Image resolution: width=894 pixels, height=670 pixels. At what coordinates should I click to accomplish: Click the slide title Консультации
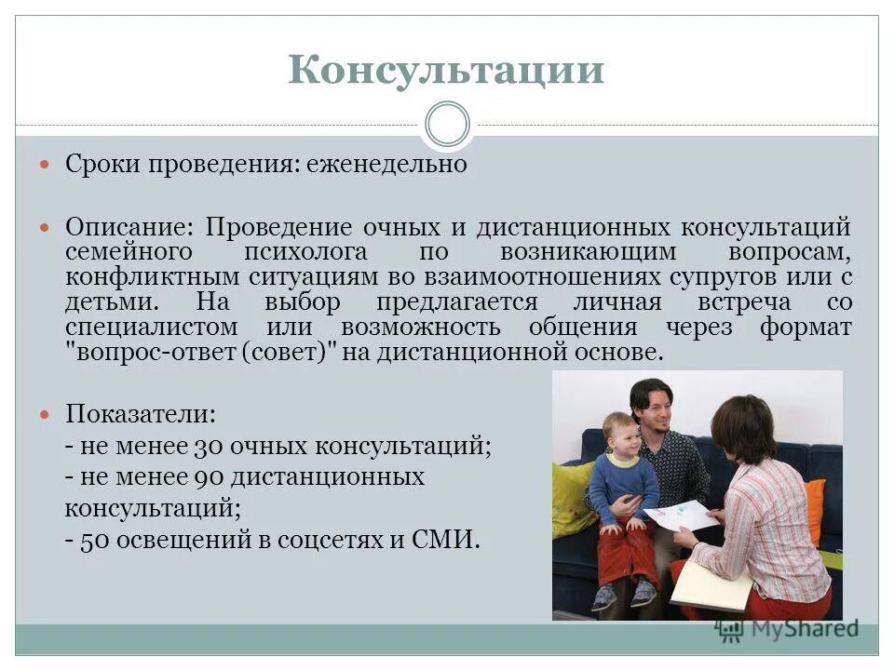pos(446,71)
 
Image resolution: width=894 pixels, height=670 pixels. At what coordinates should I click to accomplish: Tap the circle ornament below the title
pos(446,124)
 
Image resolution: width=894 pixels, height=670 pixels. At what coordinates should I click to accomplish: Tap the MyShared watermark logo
pos(788,630)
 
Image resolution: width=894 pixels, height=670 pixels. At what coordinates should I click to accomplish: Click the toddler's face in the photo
pos(619,435)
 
